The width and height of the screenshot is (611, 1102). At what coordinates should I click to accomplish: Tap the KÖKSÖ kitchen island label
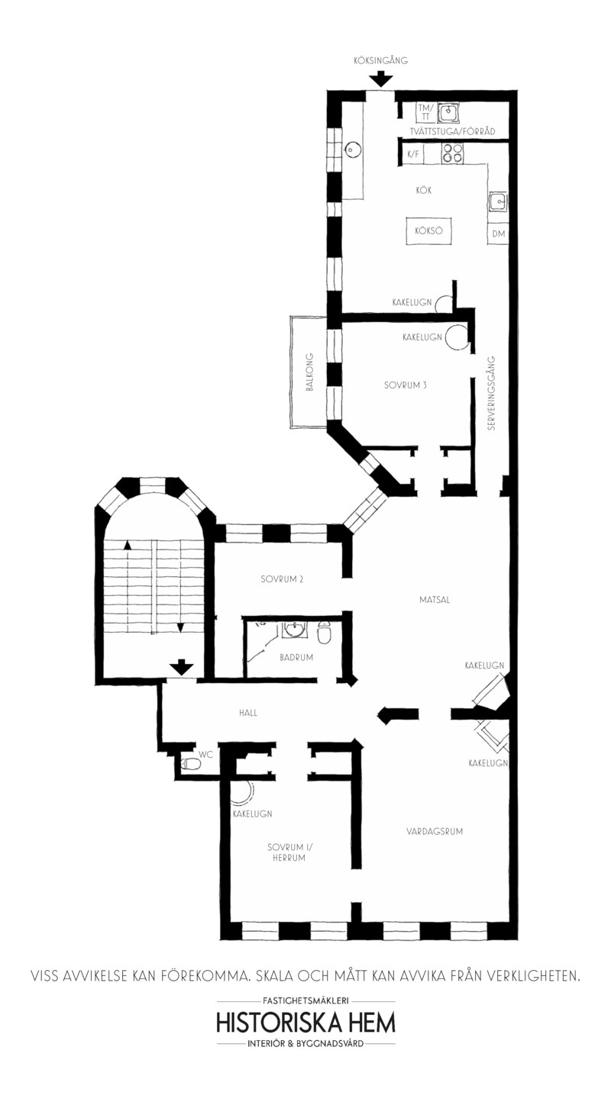(428, 230)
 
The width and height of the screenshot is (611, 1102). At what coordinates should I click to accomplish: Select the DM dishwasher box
(498, 234)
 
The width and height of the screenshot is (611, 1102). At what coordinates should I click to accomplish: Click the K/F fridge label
(413, 154)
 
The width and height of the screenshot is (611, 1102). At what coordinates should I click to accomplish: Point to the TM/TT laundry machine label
(426, 112)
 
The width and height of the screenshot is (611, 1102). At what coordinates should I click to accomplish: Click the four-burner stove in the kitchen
(452, 153)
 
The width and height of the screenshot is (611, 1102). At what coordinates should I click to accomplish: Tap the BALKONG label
(309, 372)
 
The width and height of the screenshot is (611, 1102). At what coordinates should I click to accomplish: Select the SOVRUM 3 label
(406, 385)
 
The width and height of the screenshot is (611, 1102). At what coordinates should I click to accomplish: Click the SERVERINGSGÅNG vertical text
(491, 393)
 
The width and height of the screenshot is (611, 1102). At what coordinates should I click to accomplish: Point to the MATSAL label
(435, 600)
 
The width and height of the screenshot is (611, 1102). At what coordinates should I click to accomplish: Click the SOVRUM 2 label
(282, 579)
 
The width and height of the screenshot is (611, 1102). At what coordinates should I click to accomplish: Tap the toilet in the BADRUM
(324, 632)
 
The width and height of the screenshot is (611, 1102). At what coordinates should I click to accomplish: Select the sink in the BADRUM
(294, 630)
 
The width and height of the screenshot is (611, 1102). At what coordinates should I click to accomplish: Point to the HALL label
(248, 712)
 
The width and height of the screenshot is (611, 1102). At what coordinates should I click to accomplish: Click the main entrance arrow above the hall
(183, 667)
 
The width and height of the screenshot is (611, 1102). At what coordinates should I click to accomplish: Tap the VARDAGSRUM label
(435, 831)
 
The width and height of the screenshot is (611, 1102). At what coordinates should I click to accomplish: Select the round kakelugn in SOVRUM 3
(456, 337)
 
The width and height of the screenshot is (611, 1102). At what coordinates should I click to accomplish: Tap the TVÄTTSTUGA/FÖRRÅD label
(452, 131)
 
